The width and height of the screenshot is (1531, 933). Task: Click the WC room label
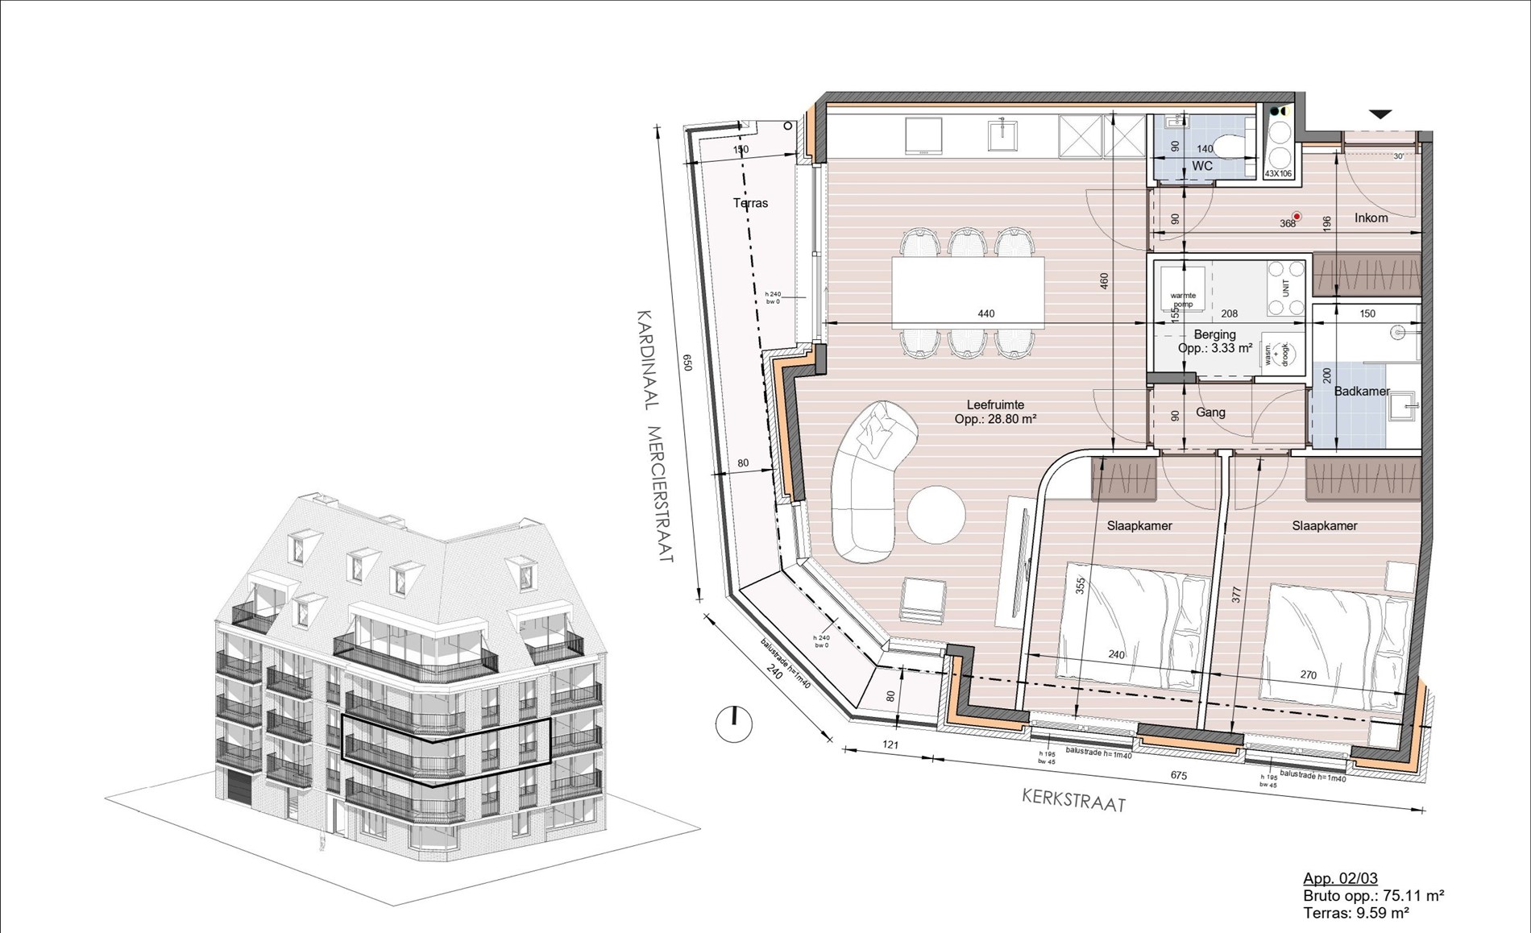click(x=1202, y=166)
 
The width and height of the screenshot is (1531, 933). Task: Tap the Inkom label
click(x=1371, y=218)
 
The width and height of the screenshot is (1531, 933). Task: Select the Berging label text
click(x=1214, y=334)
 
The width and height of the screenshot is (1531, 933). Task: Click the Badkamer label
click(x=1362, y=392)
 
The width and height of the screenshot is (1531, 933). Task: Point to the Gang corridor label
click(x=1210, y=412)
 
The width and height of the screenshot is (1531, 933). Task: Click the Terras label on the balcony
click(x=750, y=203)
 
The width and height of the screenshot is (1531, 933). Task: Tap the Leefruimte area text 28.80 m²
click(x=995, y=419)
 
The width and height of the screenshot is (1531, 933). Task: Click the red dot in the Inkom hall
click(x=1297, y=216)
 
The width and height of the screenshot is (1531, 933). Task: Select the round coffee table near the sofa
click(x=936, y=514)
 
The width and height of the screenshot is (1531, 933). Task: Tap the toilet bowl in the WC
click(x=1230, y=147)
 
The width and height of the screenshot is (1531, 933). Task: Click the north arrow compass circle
click(x=733, y=724)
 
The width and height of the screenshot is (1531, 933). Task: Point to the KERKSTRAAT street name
click(x=1073, y=800)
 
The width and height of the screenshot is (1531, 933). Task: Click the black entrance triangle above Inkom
click(x=1380, y=114)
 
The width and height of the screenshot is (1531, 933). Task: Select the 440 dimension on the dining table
click(x=986, y=313)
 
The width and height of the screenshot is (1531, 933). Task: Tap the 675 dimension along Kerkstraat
click(x=1178, y=776)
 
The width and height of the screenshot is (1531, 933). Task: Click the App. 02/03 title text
click(x=1340, y=878)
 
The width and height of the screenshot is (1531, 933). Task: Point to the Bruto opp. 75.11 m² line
click(x=1372, y=895)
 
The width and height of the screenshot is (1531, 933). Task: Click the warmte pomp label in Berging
click(x=1183, y=300)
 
